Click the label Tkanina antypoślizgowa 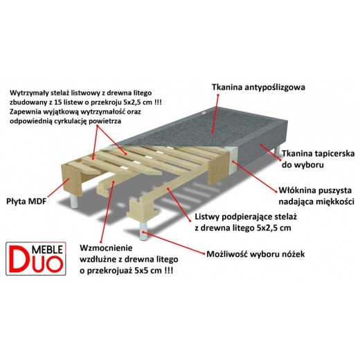click(x=258, y=87)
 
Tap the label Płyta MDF click(x=26, y=201)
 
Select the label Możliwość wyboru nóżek click(x=255, y=254)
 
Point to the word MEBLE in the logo click(x=47, y=249)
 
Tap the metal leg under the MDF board click(x=74, y=200)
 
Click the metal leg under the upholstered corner click(x=277, y=151)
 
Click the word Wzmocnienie click(x=106, y=248)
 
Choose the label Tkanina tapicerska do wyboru click(x=318, y=159)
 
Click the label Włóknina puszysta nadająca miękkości click(x=316, y=196)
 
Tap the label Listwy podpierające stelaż click(x=246, y=217)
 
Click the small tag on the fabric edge click(x=204, y=113)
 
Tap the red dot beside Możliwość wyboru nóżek click(x=204, y=253)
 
